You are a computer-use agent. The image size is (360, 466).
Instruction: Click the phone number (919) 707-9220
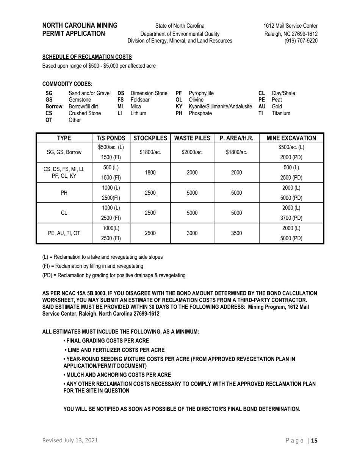click(301, 41)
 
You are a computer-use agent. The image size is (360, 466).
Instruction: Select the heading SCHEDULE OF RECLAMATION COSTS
click(87, 57)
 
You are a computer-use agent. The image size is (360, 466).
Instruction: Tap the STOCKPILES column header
click(150, 138)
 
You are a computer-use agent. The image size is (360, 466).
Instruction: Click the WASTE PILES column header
click(192, 138)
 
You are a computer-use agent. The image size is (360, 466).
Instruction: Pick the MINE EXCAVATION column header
click(291, 138)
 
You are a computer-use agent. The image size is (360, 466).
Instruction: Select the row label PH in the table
click(64, 192)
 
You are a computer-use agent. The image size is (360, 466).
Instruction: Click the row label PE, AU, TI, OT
click(64, 233)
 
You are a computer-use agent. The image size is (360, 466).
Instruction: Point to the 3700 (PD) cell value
click(291, 218)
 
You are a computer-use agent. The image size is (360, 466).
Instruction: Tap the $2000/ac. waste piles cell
click(192, 152)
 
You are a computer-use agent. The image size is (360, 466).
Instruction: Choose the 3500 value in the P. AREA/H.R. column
click(236, 233)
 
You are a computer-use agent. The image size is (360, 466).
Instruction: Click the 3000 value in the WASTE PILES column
click(192, 233)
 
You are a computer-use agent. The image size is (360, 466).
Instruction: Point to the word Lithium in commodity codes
click(138, 113)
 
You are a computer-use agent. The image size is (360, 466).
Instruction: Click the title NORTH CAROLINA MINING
click(80, 26)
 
